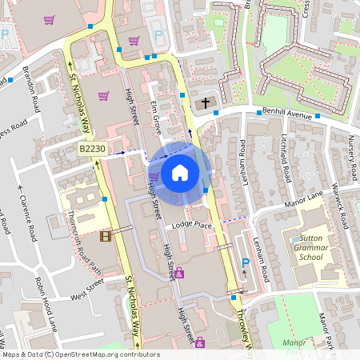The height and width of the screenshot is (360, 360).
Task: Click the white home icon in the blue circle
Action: pyautogui.click(x=180, y=173)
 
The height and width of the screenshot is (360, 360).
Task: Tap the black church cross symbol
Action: pyautogui.click(x=205, y=103)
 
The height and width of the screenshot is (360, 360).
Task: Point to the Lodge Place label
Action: pyautogui.click(x=192, y=225)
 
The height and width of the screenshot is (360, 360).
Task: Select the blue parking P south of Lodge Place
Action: pyautogui.click(x=246, y=262)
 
